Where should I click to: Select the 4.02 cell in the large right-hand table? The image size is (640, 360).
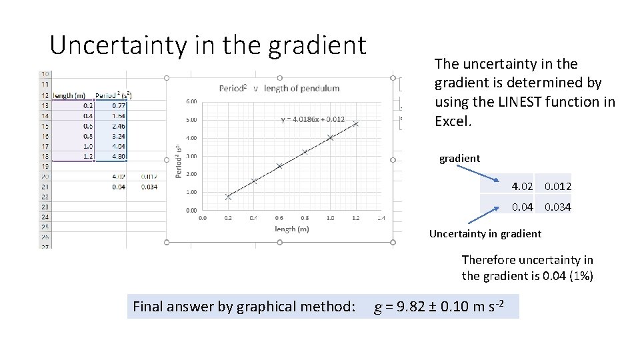(521, 186)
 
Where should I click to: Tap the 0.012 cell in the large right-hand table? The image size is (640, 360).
(557, 186)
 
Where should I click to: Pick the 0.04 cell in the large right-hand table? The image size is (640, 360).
(521, 207)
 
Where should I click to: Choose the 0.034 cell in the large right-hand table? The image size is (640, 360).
(557, 207)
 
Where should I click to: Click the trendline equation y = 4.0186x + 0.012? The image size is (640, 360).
(313, 120)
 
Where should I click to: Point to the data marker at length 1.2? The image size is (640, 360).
(356, 124)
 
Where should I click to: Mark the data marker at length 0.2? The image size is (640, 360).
(228, 197)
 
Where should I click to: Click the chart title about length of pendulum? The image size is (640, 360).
(279, 88)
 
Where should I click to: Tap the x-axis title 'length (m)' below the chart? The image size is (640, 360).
(291, 229)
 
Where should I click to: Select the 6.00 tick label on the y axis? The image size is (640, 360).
(191, 101)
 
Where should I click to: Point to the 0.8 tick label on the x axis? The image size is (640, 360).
(304, 217)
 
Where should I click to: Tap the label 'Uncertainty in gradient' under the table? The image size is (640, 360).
(485, 233)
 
